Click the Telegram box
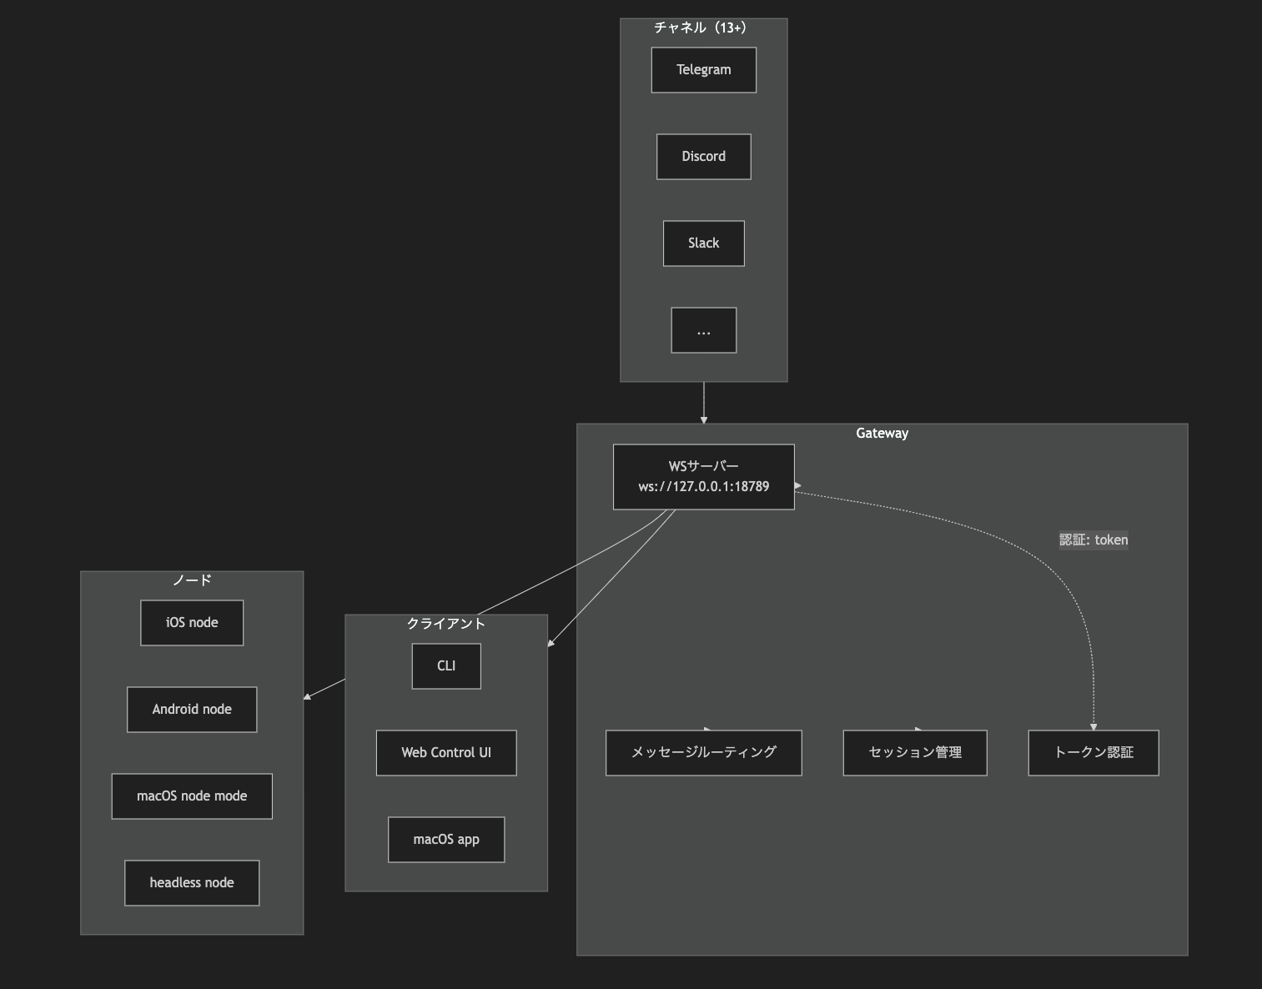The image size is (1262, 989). pyautogui.click(x=703, y=70)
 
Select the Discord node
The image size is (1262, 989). pyautogui.click(x=703, y=157)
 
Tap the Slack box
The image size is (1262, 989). pyautogui.click(x=703, y=243)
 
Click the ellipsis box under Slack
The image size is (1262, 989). pyautogui.click(x=703, y=330)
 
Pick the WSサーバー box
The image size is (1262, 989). pyautogui.click(x=703, y=476)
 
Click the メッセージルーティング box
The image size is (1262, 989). pyautogui.click(x=703, y=752)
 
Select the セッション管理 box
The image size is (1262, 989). pyautogui.click(x=914, y=752)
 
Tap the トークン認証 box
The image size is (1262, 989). pyautogui.click(x=1093, y=752)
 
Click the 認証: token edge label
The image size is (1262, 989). pyautogui.click(x=1093, y=540)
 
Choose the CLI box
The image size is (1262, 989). pyautogui.click(x=446, y=665)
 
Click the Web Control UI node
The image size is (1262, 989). pyautogui.click(x=446, y=752)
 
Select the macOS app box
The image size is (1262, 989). pyautogui.click(x=446, y=839)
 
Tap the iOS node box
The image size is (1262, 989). pyautogui.click(x=192, y=622)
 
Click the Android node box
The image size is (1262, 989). pyautogui.click(x=192, y=709)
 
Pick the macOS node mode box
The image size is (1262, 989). pyautogui.click(x=192, y=796)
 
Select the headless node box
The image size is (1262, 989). pyautogui.click(x=192, y=882)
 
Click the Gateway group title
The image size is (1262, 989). pyautogui.click(x=882, y=433)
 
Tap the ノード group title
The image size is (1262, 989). pyautogui.click(x=192, y=580)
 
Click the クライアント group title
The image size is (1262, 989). pyautogui.click(x=446, y=623)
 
